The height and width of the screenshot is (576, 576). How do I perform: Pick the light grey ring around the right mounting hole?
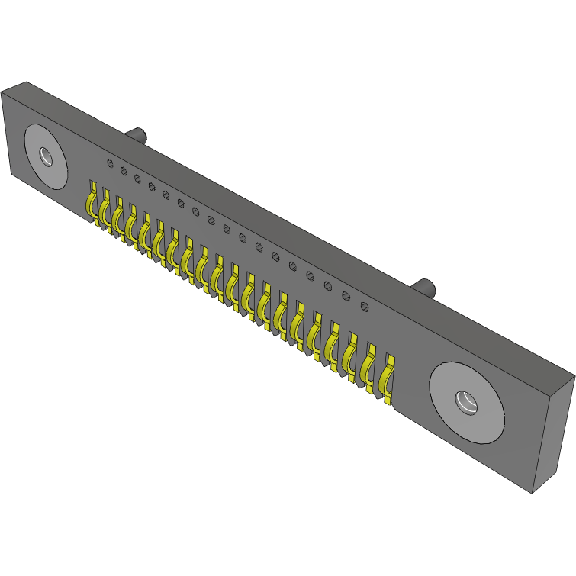pyautogui.click(x=446, y=386)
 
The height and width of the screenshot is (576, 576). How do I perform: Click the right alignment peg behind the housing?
pyautogui.click(x=424, y=288)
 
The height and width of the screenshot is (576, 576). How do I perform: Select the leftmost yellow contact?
pyautogui.click(x=91, y=201)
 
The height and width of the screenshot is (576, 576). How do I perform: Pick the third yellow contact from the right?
pyautogui.click(x=351, y=357)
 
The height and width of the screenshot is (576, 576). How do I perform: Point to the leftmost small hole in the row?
pyautogui.click(x=110, y=163)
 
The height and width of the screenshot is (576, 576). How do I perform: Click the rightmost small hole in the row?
pyautogui.click(x=365, y=307)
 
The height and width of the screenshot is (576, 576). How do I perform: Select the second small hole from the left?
pyautogui.click(x=124, y=171)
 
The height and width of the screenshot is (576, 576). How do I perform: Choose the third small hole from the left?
pyautogui.click(x=137, y=179)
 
